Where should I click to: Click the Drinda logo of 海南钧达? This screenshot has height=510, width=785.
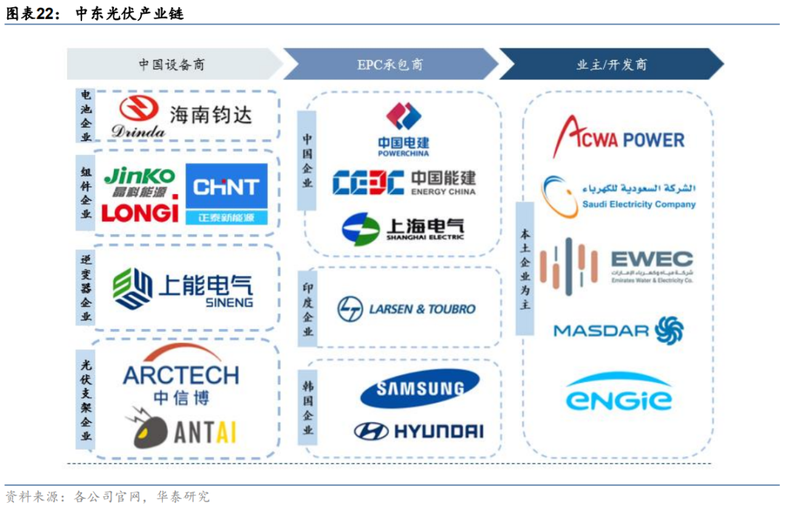140,116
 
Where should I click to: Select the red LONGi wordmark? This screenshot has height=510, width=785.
140,211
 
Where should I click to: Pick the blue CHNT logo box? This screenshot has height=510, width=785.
226,193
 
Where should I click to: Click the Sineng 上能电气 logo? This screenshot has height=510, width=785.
183,288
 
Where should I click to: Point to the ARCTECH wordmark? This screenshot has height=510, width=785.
181,375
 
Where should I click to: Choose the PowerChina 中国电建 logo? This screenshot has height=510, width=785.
403,129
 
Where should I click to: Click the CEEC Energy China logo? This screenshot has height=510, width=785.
403,182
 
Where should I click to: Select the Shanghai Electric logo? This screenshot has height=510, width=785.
403,229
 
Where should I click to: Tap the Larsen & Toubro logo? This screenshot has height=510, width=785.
406,309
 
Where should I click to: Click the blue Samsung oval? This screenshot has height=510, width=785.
419,389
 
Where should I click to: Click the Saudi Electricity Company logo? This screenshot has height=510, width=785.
618,195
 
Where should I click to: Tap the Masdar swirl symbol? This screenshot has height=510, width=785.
669,330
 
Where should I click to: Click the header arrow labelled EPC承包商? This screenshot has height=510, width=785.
390,65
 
